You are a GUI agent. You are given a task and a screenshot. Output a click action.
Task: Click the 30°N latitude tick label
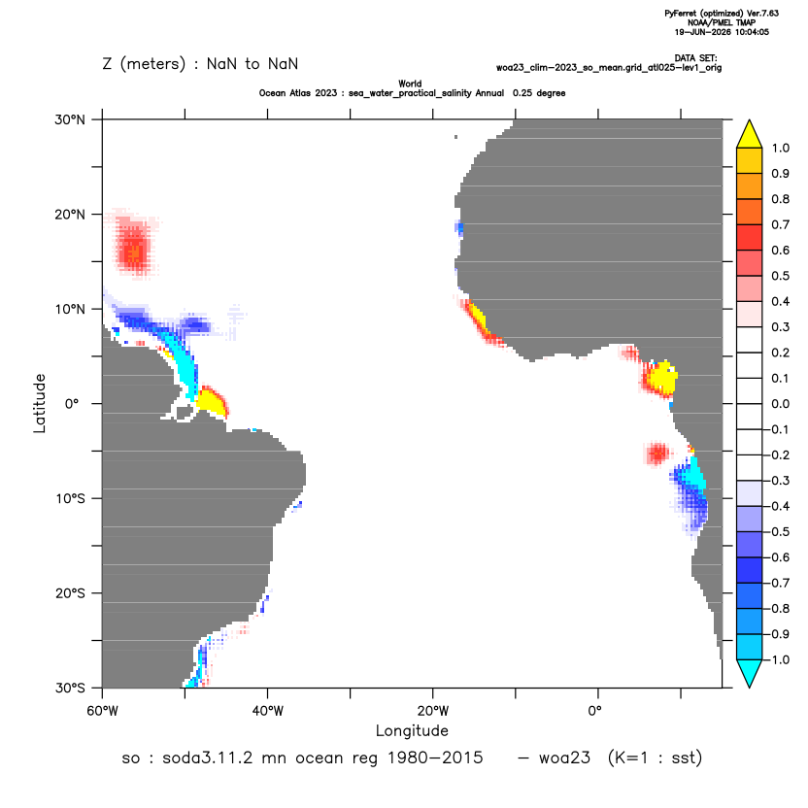coord(70,119)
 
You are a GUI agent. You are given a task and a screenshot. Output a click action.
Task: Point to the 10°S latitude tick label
coord(70,499)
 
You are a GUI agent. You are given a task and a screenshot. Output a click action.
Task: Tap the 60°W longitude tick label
coord(103,711)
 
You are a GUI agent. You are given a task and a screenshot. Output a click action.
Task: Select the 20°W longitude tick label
coord(433,711)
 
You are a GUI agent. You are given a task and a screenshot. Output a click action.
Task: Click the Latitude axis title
coord(40,403)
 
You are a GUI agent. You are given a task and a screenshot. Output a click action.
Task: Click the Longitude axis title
coord(412,730)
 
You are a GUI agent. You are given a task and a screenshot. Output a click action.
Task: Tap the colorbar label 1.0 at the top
coord(780,149)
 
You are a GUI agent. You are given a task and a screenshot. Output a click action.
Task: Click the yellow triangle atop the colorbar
coord(750,136)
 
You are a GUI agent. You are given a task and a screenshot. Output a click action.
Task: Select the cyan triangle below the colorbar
coord(750,672)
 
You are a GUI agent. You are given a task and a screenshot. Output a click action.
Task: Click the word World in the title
coord(410,84)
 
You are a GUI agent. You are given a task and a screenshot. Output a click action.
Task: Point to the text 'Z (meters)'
coord(144,64)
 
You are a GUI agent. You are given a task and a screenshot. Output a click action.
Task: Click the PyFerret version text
coord(722,14)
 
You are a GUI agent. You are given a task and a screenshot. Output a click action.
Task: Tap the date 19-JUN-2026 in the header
coord(702,32)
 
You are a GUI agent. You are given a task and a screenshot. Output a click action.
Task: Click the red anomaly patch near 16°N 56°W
coord(133,245)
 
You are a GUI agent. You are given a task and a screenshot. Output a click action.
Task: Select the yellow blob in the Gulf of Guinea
coord(660,378)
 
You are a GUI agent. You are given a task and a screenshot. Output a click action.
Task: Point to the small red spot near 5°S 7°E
coord(657,454)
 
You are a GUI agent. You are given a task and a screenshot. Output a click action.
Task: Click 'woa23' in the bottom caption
coord(564,758)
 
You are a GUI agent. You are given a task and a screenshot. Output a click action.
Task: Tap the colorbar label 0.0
coord(780,404)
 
